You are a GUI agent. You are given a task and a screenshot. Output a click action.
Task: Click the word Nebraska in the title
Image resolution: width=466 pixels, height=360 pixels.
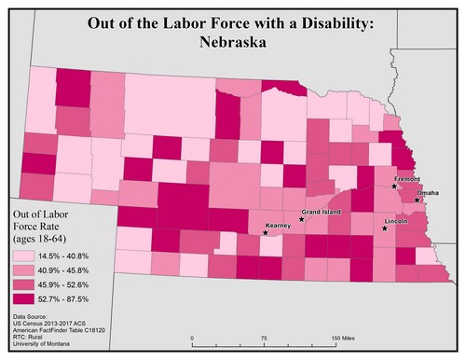coord(232,42)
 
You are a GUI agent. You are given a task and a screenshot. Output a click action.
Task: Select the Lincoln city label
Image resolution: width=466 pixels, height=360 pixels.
coord(397,221)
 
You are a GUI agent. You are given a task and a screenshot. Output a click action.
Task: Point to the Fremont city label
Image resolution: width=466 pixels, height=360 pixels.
coord(408,178)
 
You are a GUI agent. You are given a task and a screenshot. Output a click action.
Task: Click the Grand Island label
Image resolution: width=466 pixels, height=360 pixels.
coord(321,213)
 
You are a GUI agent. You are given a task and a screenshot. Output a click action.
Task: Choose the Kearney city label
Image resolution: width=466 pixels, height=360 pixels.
coord(279,226)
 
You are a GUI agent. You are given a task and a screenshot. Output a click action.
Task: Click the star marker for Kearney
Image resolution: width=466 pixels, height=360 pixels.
coord(265,232)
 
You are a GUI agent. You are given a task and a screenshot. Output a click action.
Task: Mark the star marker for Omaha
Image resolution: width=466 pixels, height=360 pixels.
coord(417,199)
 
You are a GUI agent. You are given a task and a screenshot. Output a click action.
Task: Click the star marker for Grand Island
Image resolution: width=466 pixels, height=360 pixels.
coord(300,219)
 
